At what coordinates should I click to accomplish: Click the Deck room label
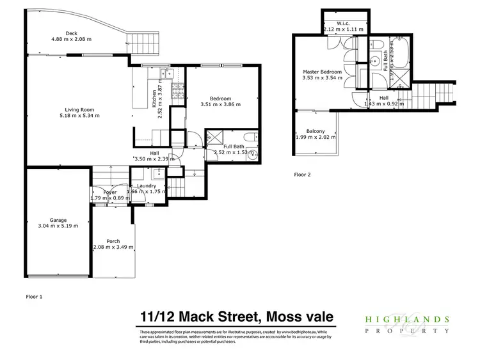[71, 33]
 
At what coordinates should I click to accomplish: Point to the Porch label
[113, 241]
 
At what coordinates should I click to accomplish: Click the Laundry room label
[147, 185]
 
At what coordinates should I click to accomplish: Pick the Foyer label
[102, 191]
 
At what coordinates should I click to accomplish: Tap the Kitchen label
[154, 99]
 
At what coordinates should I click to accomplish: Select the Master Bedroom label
[322, 72]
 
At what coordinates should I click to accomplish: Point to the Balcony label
[315, 131]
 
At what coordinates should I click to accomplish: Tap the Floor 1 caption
[33, 296]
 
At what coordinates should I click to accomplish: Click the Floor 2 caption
[301, 173]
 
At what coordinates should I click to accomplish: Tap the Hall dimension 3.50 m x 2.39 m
[154, 159]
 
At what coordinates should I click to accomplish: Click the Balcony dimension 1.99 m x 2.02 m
[315, 137]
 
